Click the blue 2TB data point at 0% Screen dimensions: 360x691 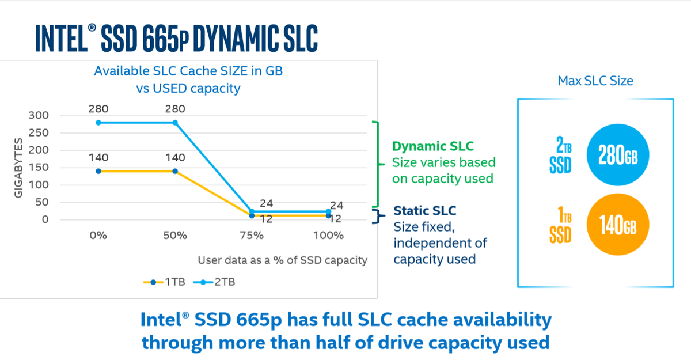click(98, 123)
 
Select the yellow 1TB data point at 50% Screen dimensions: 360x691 click(175, 171)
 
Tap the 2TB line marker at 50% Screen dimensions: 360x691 click(175, 123)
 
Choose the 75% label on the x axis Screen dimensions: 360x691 click(252, 236)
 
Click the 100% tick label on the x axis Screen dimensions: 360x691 click(328, 236)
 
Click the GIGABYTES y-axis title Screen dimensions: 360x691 click(18, 168)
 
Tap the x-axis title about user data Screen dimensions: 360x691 click(282, 260)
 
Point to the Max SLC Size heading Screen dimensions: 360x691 click(595, 81)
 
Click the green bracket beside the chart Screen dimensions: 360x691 click(377, 164)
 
